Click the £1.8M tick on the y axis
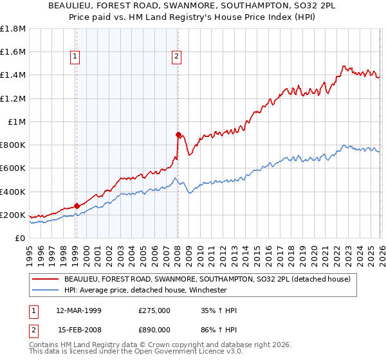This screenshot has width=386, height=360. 13,29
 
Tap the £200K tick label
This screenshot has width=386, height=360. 13,215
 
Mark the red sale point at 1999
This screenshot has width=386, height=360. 77,206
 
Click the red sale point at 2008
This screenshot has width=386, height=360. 178,134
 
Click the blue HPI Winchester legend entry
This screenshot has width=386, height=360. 154,290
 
